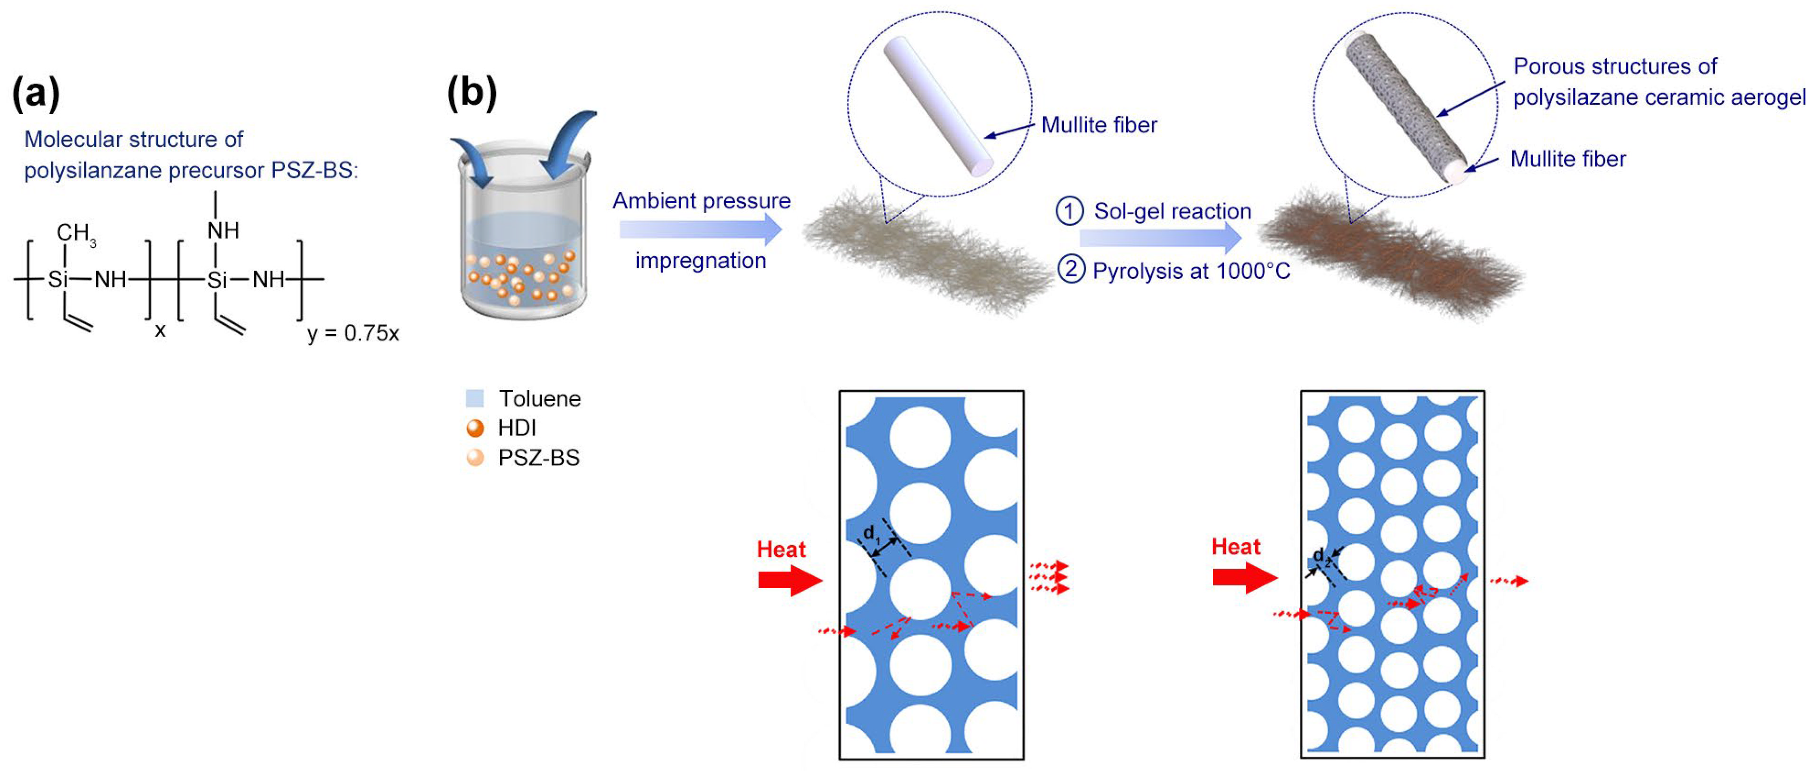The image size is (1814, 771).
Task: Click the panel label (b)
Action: click(x=472, y=93)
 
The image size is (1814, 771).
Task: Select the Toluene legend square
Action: click(x=475, y=399)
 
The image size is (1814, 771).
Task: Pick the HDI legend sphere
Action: click(x=475, y=428)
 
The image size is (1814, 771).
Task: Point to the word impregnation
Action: click(x=701, y=261)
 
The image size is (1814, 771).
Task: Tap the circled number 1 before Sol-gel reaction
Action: click(x=1069, y=211)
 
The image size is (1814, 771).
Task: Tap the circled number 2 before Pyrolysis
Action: click(x=1070, y=271)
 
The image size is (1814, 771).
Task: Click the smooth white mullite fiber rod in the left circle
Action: click(x=939, y=106)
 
